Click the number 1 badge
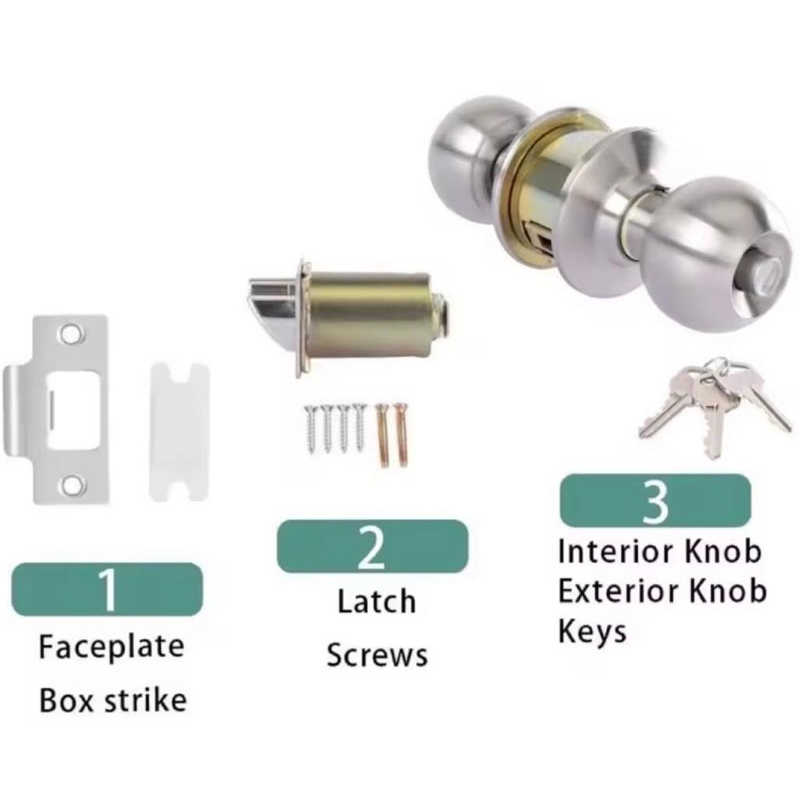coord(107,589)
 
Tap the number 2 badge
coord(372,546)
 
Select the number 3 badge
coord(655,500)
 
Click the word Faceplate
coord(112,647)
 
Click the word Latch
coord(377,602)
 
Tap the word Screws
coord(377,655)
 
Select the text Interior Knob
coord(660,552)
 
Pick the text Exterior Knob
coord(662,591)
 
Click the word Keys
coord(592,632)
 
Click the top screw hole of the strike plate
coord(71,334)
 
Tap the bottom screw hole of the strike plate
coord(71,485)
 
